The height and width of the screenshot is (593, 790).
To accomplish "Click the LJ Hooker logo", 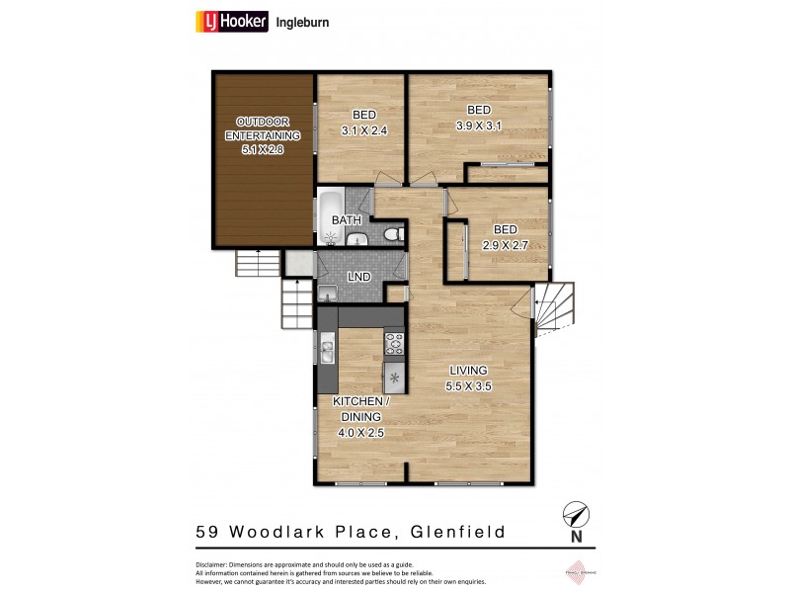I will coord(231,21).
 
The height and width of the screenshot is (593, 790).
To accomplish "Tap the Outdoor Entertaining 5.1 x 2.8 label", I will coord(262,135).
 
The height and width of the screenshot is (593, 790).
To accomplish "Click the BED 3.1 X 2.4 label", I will coord(360,122).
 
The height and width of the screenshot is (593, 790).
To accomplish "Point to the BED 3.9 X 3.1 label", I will coord(479,118).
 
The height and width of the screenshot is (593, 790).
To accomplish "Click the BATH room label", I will coord(345,219).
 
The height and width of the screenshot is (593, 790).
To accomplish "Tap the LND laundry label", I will coord(359,277).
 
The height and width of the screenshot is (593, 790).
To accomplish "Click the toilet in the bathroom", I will coord(392,234).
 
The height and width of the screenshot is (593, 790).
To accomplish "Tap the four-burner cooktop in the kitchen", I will coord(394,344).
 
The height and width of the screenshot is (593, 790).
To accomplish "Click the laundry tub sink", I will coord(328,293).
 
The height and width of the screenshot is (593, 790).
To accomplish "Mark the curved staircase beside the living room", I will coord(555,305).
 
